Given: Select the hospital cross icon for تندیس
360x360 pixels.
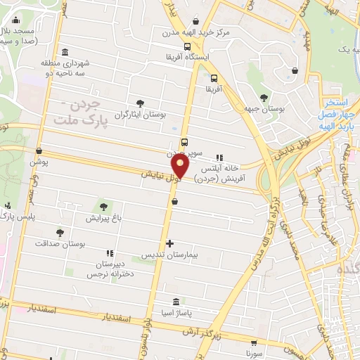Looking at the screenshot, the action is pos(169,243).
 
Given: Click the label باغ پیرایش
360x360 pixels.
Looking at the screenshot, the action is pos(104,219).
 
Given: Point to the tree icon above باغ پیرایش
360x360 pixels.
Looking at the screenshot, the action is pos(104,207).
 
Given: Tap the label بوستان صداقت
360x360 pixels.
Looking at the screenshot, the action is pos(60,243).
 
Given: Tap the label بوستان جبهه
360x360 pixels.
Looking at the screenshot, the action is pos(264,109).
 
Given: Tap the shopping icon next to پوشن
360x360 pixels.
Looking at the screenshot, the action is pos(39,150).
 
